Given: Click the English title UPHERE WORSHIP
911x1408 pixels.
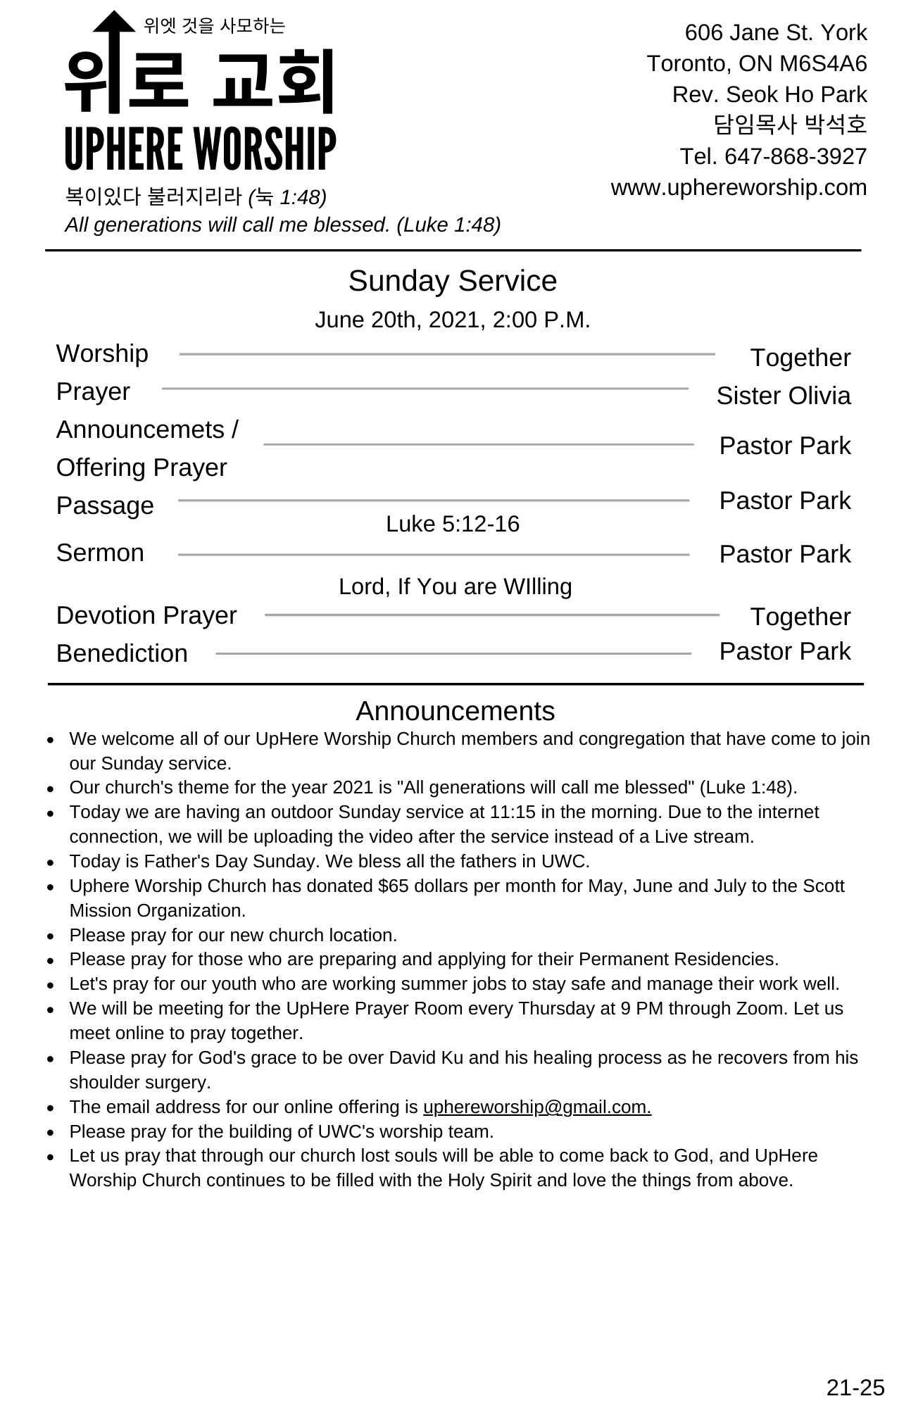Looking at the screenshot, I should tap(200, 149).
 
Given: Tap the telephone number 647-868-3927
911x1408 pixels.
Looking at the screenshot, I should tap(796, 156).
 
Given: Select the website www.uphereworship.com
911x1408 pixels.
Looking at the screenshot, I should tap(739, 187).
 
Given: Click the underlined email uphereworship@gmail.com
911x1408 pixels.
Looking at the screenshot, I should tap(536, 1107).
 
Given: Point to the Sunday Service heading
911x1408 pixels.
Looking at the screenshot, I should tap(452, 281).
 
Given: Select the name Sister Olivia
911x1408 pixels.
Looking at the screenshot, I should tap(783, 396).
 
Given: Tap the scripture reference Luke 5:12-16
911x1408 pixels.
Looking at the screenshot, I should tap(452, 524).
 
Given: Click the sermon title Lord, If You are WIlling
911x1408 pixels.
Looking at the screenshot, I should tap(455, 586).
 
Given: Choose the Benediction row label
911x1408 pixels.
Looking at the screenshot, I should tap(122, 653).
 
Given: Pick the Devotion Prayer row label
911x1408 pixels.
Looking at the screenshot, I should tap(146, 615).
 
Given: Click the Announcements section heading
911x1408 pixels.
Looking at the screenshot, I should tap(455, 711).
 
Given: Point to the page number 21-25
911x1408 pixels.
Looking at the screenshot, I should tap(855, 1388).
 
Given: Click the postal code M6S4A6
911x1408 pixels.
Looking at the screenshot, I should tap(823, 64).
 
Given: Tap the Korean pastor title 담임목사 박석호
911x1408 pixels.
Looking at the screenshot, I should tap(790, 125).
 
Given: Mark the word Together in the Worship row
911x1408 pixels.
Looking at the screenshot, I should tap(800, 358).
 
